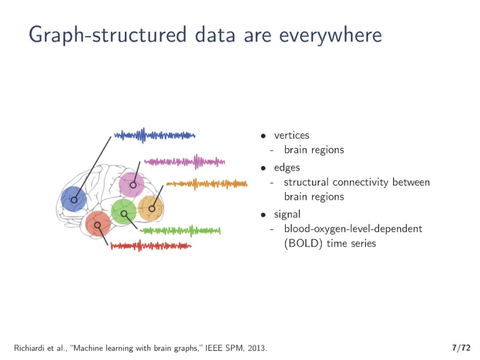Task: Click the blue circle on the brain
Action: pyautogui.click(x=74, y=199)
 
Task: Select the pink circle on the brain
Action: pyautogui.click(x=132, y=184)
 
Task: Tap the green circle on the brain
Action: pyautogui.click(x=124, y=212)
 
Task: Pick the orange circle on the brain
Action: pyautogui.click(x=151, y=208)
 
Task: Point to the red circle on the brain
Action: pyautogui.click(x=98, y=224)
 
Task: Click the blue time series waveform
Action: pyautogui.click(x=154, y=135)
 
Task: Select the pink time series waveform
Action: pyautogui.click(x=184, y=162)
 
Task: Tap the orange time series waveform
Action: pyautogui.click(x=207, y=184)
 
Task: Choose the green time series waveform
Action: pyautogui.click(x=180, y=230)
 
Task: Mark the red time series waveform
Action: pyautogui.click(x=151, y=245)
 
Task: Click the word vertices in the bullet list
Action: pyautogui.click(x=292, y=135)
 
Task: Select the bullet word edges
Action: pyautogui.click(x=287, y=168)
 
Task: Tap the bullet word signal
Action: pyautogui.click(x=287, y=214)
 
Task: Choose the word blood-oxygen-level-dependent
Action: pyautogui.click(x=353, y=229)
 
